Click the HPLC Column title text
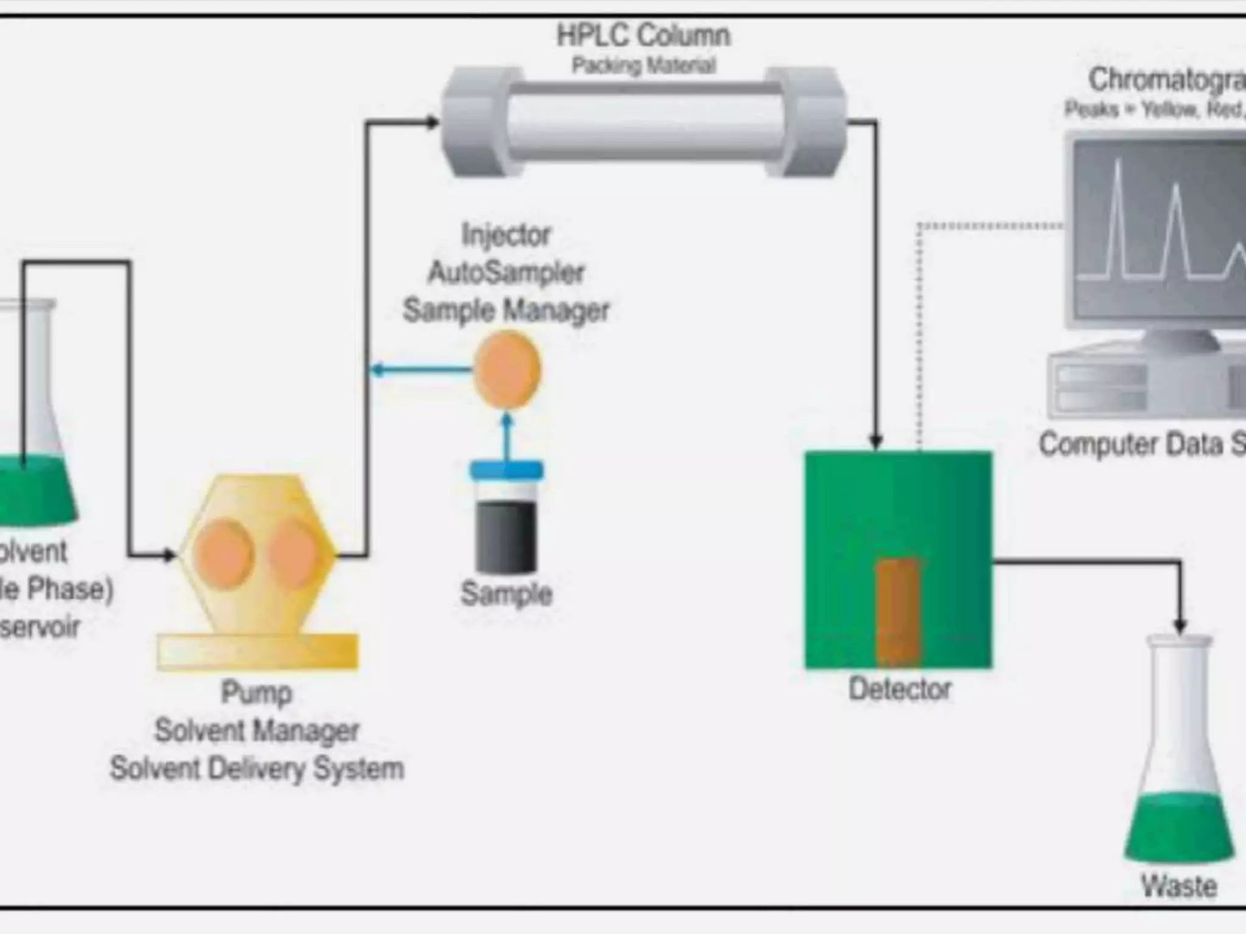[x=643, y=35]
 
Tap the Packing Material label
[x=643, y=65]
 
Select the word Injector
[x=506, y=235]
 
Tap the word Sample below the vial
[x=506, y=593]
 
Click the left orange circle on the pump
[x=223, y=554]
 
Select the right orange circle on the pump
[x=296, y=554]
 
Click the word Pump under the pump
[x=256, y=693]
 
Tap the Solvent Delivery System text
[x=256, y=768]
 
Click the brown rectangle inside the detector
[x=897, y=611]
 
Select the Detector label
[x=899, y=689]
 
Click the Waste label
[x=1178, y=886]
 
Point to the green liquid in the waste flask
[x=1178, y=830]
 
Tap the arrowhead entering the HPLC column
[x=433, y=122]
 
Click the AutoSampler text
[x=506, y=272]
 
